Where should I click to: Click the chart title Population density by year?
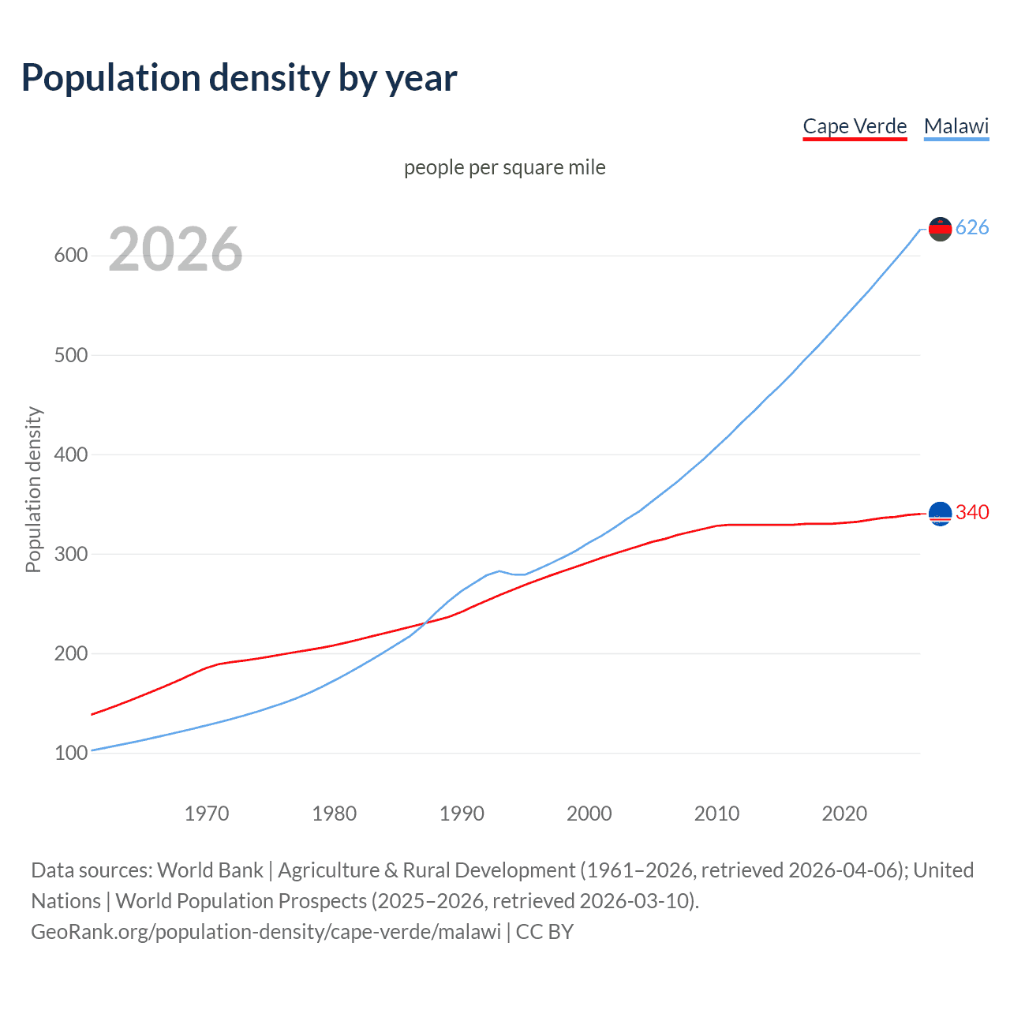[239, 78]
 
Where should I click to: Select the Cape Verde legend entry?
[855, 126]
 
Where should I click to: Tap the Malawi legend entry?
[956, 126]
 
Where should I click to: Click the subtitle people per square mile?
[504, 168]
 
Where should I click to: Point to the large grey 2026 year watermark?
[175, 249]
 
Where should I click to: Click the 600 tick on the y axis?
[70, 256]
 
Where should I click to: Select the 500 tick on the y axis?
[70, 355]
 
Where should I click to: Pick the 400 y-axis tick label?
[70, 454]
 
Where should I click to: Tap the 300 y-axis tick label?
[70, 554]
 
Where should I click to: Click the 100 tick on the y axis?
[70, 753]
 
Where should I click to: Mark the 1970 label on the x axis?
[207, 814]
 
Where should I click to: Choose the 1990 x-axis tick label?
[462, 814]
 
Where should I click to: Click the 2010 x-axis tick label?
[716, 814]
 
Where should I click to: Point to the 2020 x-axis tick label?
[844, 814]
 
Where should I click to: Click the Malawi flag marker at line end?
[940, 229]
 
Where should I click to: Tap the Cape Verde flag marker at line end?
[940, 514]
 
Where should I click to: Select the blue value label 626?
[972, 228]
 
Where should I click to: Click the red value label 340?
[972, 513]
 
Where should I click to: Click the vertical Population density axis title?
[33, 489]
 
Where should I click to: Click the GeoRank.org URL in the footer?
[266, 932]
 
